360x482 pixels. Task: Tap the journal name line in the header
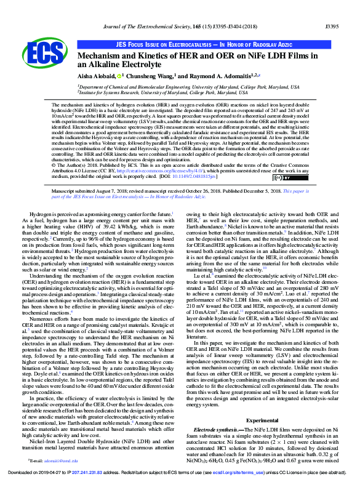[180, 10]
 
